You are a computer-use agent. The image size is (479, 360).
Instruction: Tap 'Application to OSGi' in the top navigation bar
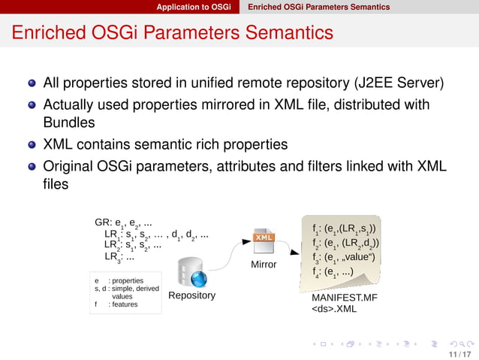[194, 7]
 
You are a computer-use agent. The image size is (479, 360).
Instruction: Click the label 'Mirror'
[264, 265]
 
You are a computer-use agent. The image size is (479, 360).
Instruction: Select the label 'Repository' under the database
[191, 295]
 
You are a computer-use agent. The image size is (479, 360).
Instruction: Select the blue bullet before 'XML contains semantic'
[32, 144]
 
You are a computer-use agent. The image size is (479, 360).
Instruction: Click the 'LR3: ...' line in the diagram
[119, 257]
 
